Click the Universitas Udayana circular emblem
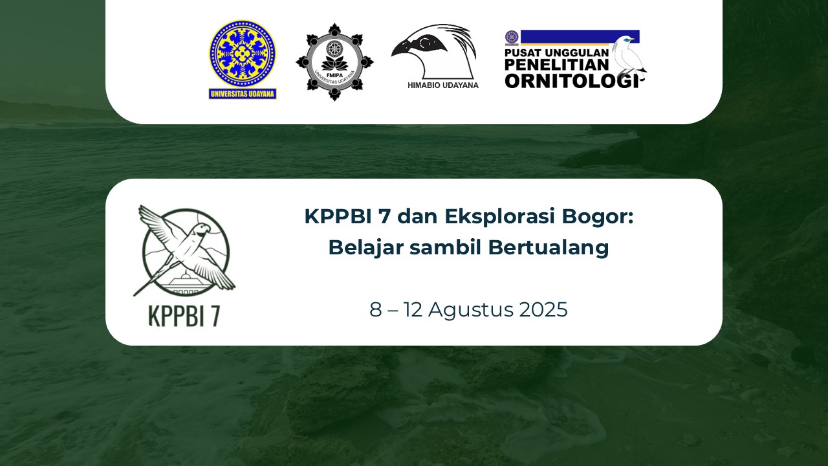point(242,54)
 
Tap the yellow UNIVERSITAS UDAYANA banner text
point(243,94)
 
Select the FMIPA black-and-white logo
point(334,62)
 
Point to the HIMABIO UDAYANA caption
point(443,85)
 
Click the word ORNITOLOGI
point(571,81)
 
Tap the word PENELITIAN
point(556,65)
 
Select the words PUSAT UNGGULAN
point(556,53)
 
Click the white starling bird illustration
point(628,58)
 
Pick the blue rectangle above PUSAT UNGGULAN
point(580,38)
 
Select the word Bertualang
point(549,247)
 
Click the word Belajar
point(365,247)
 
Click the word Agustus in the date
point(470,310)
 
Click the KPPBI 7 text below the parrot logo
point(184,316)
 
